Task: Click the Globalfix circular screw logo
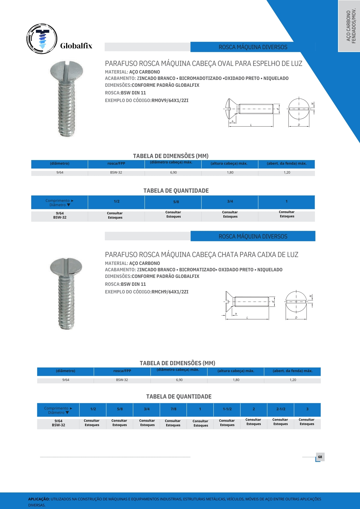click(42, 39)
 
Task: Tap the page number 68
click(320, 457)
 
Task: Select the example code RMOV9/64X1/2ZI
click(170, 101)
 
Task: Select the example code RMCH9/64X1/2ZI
click(170, 292)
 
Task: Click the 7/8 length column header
click(173, 409)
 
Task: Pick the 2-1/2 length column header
click(281, 409)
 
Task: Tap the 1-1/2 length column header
click(227, 409)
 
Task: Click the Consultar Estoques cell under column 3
click(307, 422)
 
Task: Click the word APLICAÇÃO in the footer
click(39, 499)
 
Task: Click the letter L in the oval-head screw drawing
click(251, 125)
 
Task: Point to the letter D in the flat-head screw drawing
click(296, 318)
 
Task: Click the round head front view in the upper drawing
click(299, 109)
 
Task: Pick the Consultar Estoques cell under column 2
click(254, 422)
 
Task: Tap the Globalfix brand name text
click(76, 46)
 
